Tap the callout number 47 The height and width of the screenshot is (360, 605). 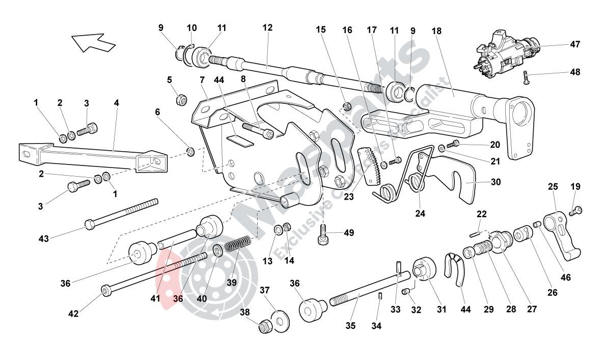[x=575, y=45]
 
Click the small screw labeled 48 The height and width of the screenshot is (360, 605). [x=526, y=77]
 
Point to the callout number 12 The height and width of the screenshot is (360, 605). [x=267, y=27]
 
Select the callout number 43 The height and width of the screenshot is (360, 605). [x=44, y=238]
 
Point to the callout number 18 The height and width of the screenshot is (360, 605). [x=436, y=30]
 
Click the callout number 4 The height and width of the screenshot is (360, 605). [x=117, y=103]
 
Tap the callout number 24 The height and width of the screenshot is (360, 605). [x=420, y=213]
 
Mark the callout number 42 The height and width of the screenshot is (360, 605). [x=73, y=314]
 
